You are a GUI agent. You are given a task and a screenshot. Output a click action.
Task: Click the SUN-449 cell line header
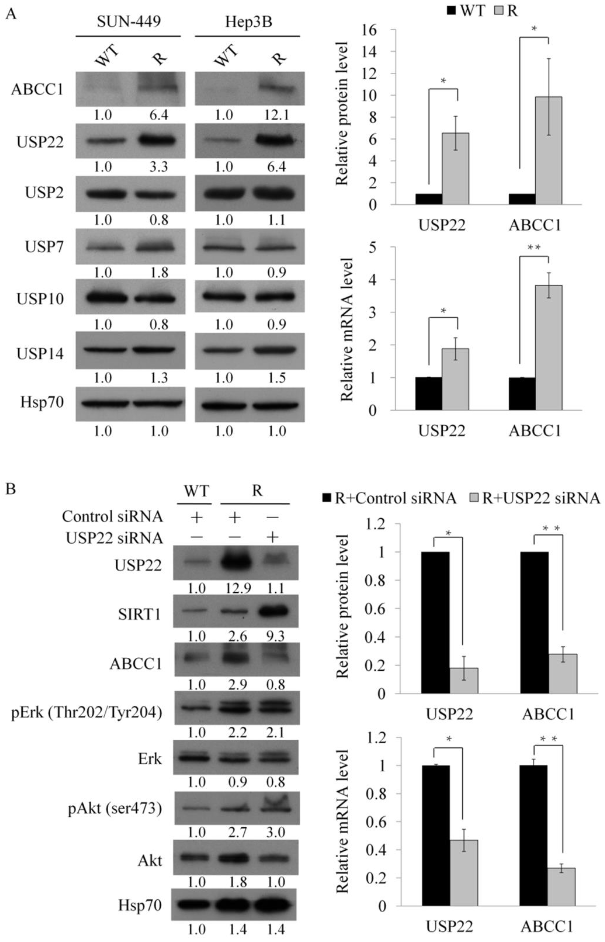pos(129,22)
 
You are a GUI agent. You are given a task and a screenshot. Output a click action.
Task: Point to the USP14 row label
pos(40,354)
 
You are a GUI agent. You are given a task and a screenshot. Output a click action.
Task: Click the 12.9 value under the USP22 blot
pos(238,588)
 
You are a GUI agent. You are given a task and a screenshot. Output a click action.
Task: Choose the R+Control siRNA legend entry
pos(389,498)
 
